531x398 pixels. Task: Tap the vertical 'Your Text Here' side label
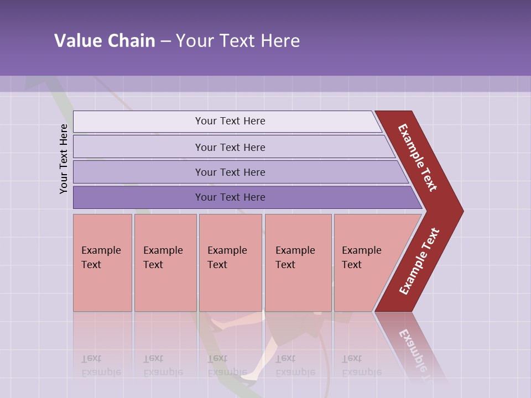(64, 159)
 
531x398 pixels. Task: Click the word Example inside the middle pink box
(227, 250)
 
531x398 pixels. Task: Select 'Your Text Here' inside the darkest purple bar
(230, 197)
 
